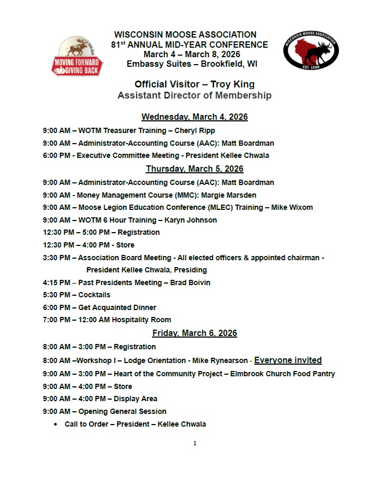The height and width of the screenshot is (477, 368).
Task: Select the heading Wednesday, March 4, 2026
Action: (194, 117)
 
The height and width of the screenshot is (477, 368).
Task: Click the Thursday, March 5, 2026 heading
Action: (194, 169)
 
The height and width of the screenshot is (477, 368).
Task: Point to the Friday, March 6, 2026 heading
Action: (194, 333)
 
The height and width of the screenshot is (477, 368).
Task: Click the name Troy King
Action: (232, 84)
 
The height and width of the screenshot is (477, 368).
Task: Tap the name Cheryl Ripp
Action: (196, 130)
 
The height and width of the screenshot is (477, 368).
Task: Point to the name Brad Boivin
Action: (190, 282)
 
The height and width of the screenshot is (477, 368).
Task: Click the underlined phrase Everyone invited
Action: (288, 360)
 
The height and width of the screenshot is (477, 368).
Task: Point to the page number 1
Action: (195, 444)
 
